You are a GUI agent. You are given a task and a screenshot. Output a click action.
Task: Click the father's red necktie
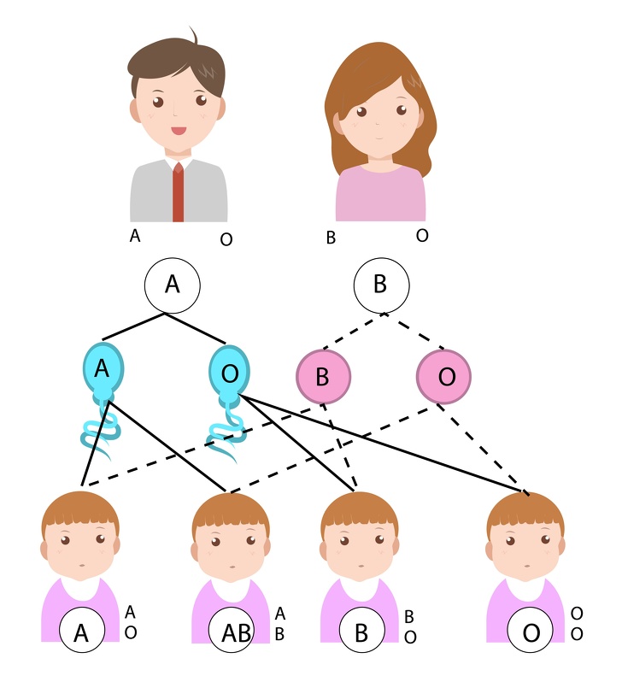coord(179,191)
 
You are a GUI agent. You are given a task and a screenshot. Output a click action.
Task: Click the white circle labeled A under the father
coord(172,285)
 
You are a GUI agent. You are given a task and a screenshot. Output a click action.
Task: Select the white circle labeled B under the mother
coord(381,285)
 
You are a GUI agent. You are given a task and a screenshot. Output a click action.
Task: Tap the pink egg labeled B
coord(323,376)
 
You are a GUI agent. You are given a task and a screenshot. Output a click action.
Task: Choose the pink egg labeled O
coord(443,376)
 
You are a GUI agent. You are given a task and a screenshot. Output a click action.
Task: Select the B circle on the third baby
coord(361,633)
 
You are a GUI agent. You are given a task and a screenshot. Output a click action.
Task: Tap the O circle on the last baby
coord(531,633)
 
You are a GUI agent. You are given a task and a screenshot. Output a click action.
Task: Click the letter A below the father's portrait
coord(134,235)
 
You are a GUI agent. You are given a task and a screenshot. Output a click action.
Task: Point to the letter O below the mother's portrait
coord(422,234)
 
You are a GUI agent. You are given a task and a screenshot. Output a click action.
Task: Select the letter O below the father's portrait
coord(226,239)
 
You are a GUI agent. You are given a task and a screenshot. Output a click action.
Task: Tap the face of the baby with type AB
coord(231,547)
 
